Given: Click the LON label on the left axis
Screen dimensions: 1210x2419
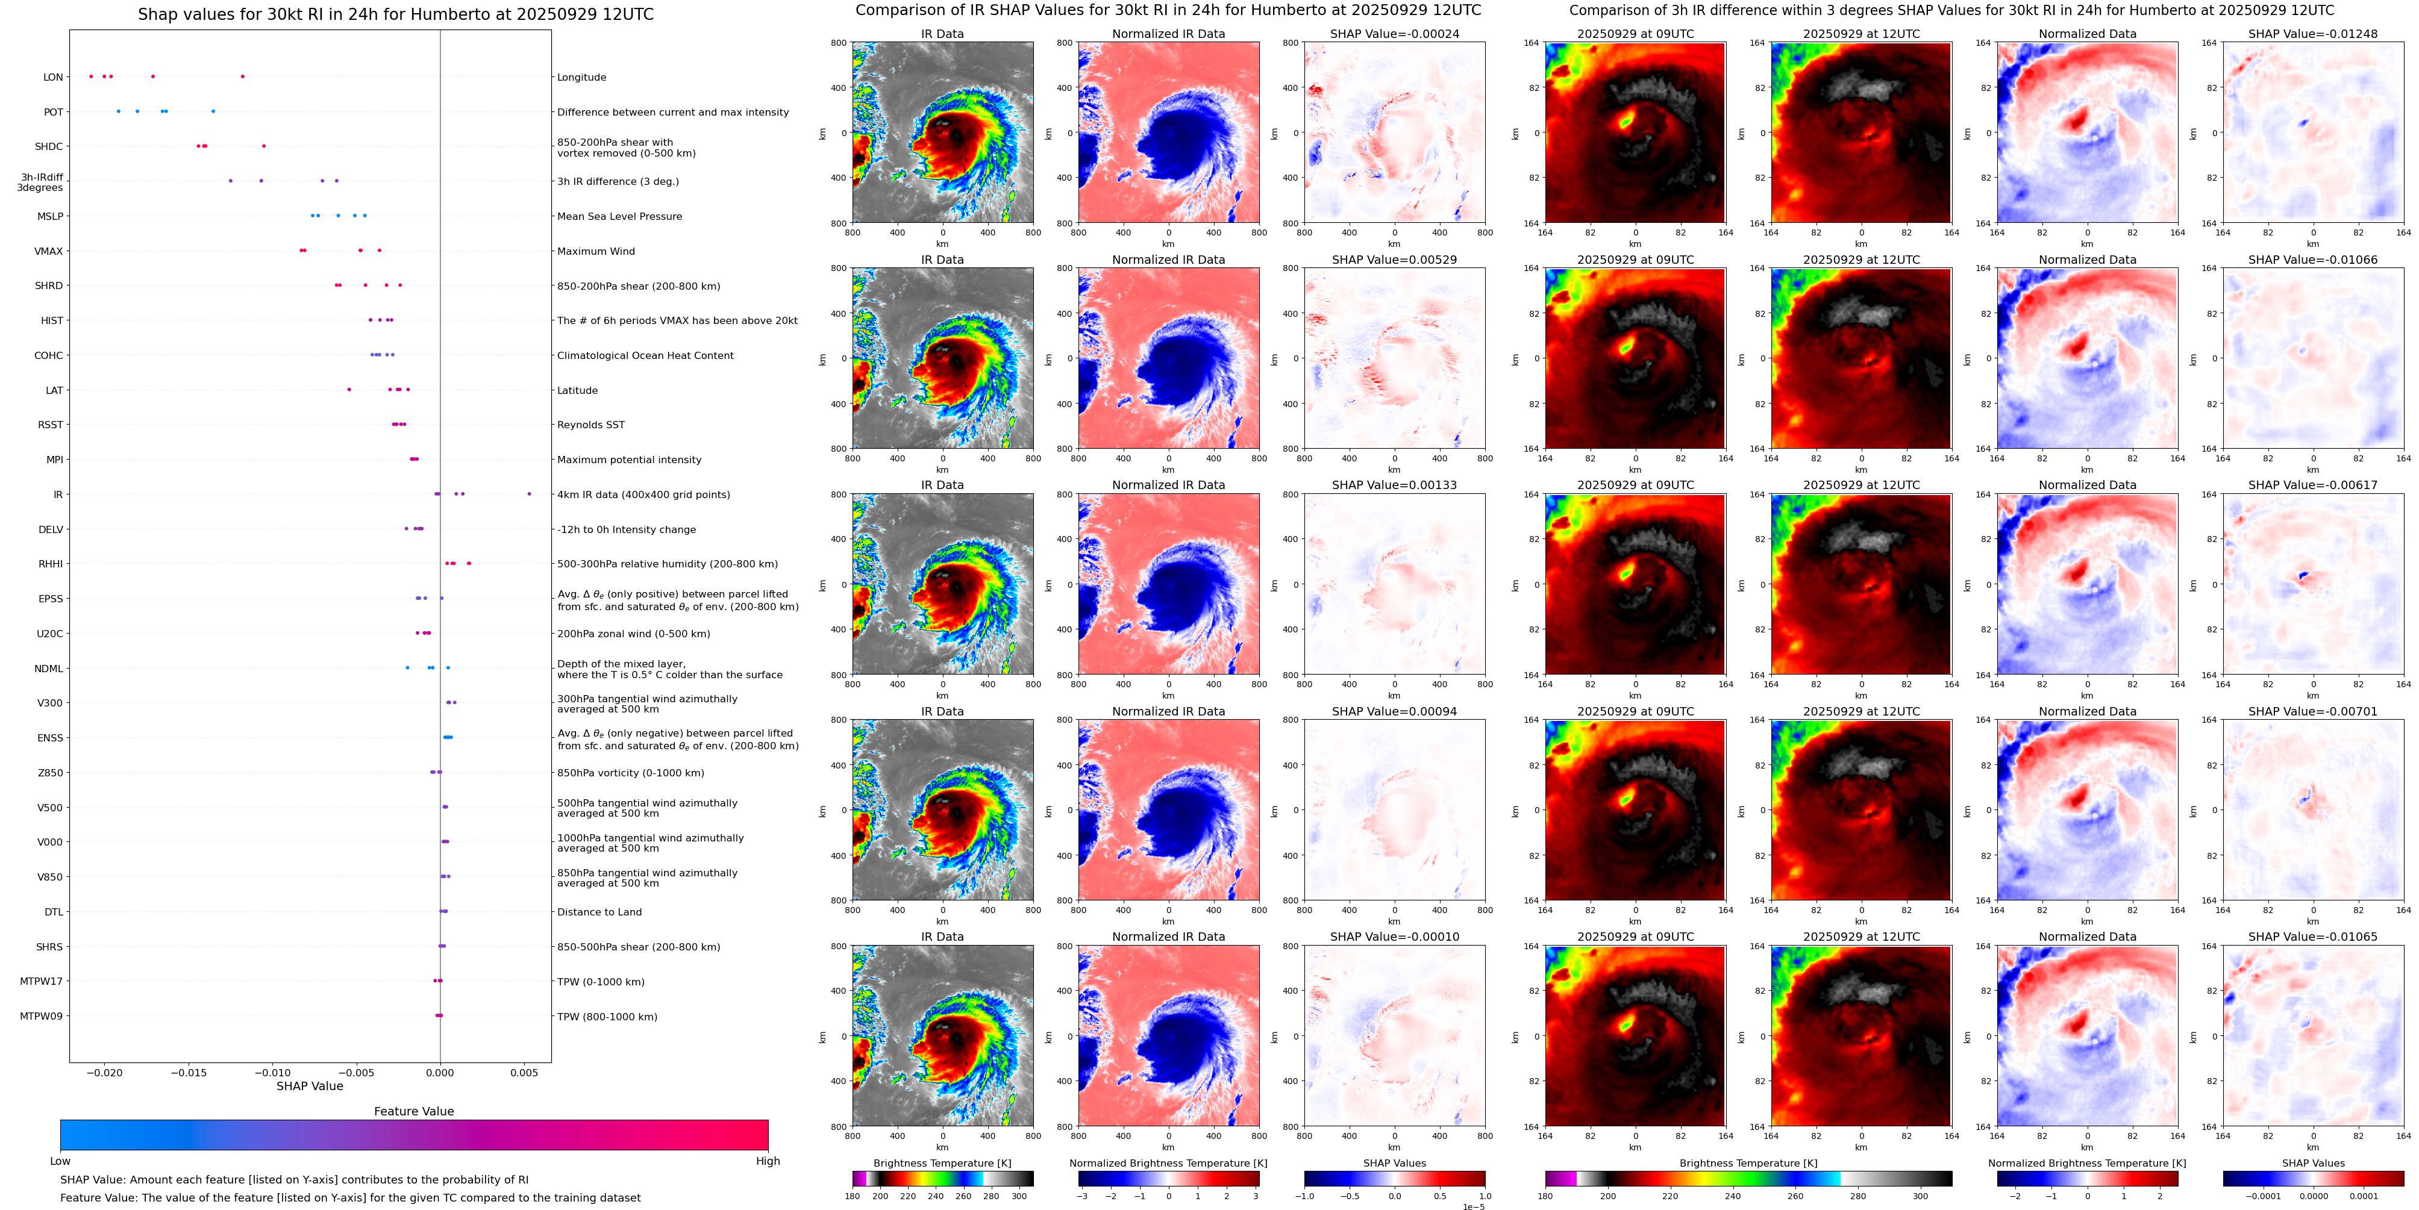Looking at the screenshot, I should (52, 77).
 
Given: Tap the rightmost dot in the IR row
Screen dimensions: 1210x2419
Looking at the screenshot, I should (529, 494).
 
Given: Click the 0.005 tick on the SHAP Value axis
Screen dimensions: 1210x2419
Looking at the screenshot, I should (524, 1073).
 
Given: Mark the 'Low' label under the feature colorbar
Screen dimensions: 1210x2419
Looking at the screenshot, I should (60, 1161).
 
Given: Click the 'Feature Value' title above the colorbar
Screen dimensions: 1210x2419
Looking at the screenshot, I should (414, 1111).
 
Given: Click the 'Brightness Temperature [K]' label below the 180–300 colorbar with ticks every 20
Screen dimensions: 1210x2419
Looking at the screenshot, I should (942, 1163).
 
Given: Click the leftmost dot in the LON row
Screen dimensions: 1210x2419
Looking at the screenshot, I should (91, 76).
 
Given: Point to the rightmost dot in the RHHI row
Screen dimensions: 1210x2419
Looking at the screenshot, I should (469, 563).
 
